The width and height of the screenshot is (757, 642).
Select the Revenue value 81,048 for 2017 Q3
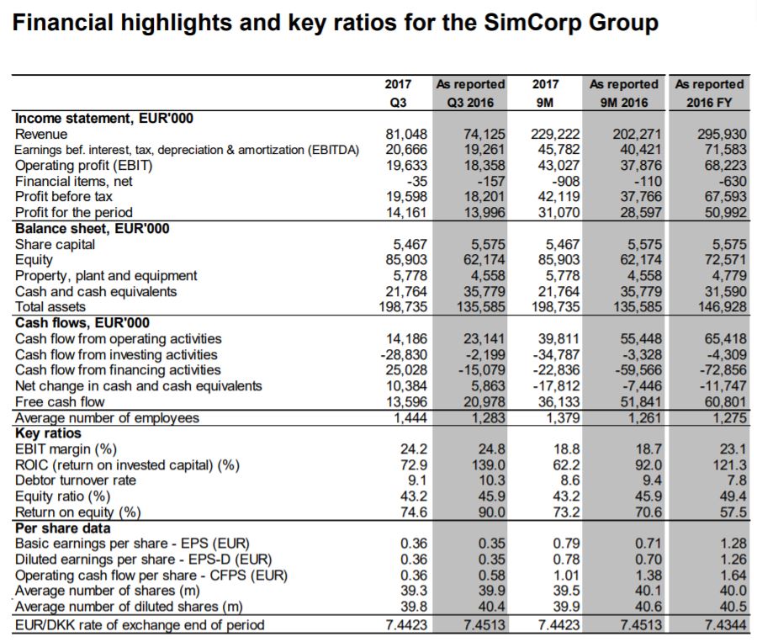click(x=407, y=134)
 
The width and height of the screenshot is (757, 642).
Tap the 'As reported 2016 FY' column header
click(x=710, y=93)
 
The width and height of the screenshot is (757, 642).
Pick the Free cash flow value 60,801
click(x=721, y=402)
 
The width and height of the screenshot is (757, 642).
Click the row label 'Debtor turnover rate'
click(x=76, y=480)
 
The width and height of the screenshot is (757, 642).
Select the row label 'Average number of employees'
click(x=108, y=417)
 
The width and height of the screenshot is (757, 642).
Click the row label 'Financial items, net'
click(x=74, y=180)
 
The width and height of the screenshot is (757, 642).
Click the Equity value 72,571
click(x=721, y=260)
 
